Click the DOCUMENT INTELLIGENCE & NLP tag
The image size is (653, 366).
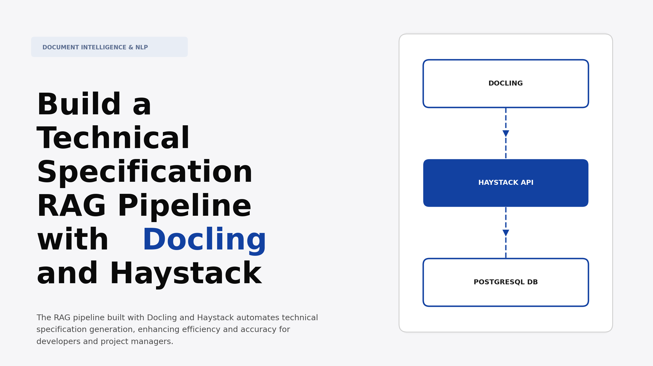tap(109, 47)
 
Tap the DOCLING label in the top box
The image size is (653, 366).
tap(505, 83)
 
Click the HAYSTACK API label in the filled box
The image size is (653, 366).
tap(505, 183)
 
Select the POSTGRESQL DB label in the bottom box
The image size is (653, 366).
tap(505, 282)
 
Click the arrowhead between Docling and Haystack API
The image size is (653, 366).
tap(505, 134)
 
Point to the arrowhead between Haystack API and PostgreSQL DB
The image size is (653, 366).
tap(505, 233)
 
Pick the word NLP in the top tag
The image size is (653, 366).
tap(142, 47)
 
